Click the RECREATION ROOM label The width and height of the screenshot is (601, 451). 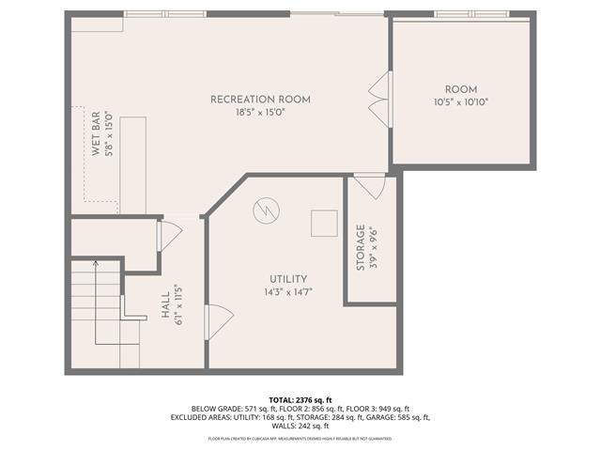pyautogui.click(x=260, y=100)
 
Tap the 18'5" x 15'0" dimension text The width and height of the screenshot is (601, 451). pyautogui.click(x=260, y=113)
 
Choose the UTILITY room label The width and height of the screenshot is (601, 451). pyautogui.click(x=288, y=279)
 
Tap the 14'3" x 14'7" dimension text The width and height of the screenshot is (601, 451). pyautogui.click(x=288, y=292)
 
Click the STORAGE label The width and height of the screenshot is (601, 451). pyautogui.click(x=361, y=248)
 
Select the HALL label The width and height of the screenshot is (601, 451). pyautogui.click(x=165, y=306)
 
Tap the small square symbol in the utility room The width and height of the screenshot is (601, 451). pyautogui.click(x=324, y=223)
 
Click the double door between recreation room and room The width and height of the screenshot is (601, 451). pyautogui.click(x=379, y=98)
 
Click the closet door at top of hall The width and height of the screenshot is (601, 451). pyautogui.click(x=170, y=236)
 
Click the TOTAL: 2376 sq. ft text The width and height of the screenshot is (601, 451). pyautogui.click(x=300, y=399)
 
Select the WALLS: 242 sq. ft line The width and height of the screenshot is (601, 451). pyautogui.click(x=300, y=426)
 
